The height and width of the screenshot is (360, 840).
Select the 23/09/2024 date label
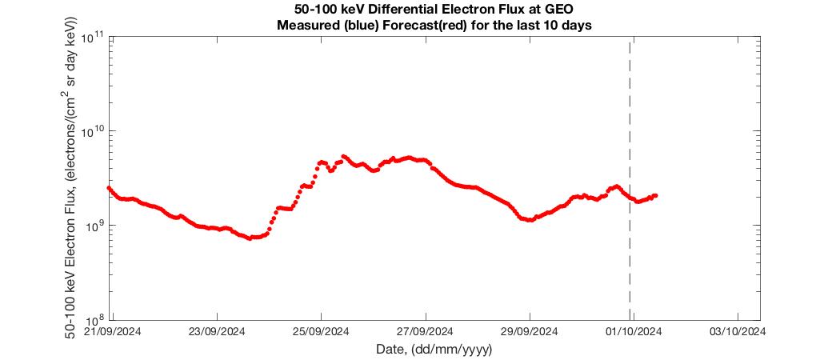(216, 330)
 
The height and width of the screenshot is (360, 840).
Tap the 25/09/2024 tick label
(320, 330)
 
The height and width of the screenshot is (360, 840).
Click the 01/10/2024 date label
(633, 330)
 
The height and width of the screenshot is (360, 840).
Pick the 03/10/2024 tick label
(737, 330)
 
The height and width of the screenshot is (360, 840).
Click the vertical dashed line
(630, 120)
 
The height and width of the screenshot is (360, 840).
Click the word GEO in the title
(560, 10)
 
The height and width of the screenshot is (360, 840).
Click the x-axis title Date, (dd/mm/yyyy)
(434, 350)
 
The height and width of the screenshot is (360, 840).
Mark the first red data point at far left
(109, 188)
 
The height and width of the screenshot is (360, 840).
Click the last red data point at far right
(655, 195)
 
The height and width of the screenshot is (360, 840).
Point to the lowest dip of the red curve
(250, 238)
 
